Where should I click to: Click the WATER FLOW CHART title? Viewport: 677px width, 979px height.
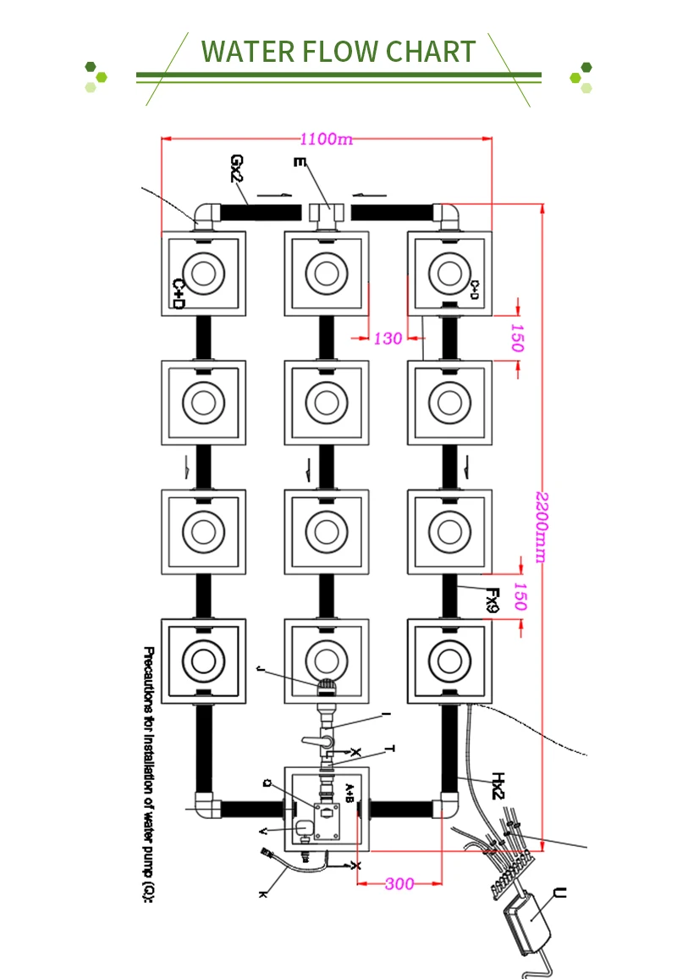coord(338,52)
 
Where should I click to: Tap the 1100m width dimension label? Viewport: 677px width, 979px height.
coord(326,140)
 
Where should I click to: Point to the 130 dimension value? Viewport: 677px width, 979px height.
coord(388,339)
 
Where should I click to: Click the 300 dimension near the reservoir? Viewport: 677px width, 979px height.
coord(399,884)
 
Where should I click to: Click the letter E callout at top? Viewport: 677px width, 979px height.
coord(297,163)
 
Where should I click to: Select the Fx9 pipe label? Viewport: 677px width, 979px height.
coord(492,600)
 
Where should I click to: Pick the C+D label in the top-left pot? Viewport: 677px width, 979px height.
coord(179,293)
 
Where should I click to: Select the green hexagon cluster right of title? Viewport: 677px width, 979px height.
coord(581,76)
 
